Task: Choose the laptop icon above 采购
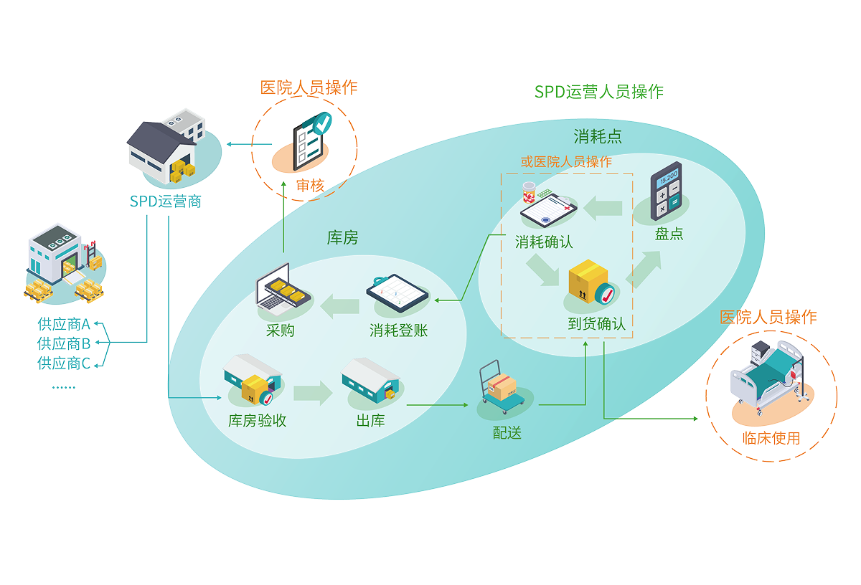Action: tap(282, 290)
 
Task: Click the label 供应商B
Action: tap(64, 343)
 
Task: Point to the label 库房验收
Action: tap(258, 421)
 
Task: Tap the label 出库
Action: tap(370, 421)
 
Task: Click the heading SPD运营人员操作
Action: tap(599, 92)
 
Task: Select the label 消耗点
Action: tap(598, 138)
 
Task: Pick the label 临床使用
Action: tap(771, 438)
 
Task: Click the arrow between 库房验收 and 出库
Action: tap(312, 392)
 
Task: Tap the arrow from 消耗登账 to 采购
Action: tap(339, 307)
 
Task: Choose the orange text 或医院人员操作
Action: tap(566, 162)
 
